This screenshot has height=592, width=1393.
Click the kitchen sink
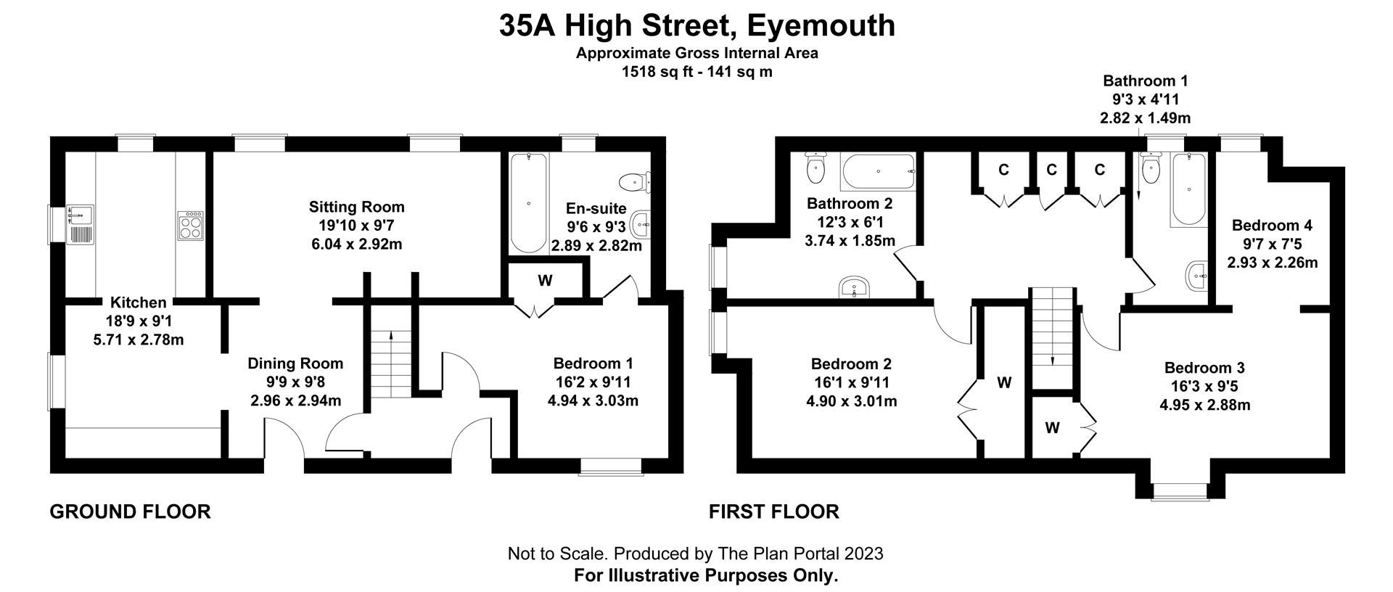[x=79, y=224]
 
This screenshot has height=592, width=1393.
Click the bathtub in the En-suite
[x=528, y=202]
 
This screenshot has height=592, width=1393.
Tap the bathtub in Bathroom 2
[x=878, y=171]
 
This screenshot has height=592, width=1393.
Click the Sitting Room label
[x=356, y=207]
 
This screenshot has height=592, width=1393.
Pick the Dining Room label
[x=295, y=363]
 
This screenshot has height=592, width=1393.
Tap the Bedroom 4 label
[x=1272, y=225]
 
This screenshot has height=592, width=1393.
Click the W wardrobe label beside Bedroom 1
[x=545, y=281]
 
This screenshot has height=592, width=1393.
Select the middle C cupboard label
[x=1051, y=170]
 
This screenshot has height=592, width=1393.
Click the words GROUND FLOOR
[x=130, y=512]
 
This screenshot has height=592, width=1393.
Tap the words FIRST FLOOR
[x=773, y=512]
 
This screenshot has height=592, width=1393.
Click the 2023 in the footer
[x=863, y=554]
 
